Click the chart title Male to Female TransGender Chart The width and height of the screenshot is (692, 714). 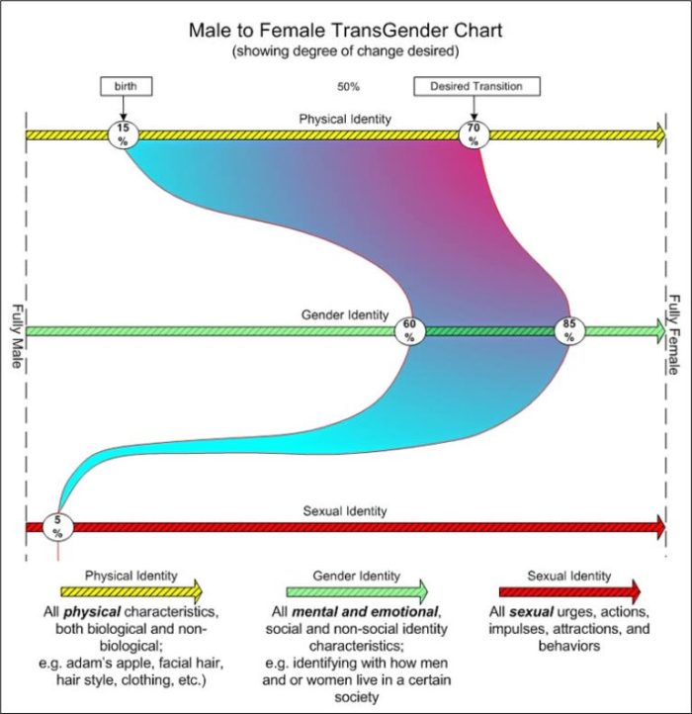(x=345, y=31)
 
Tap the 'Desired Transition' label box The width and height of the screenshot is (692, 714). (x=476, y=86)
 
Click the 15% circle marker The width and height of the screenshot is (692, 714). (x=123, y=134)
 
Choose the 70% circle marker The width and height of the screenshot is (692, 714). (x=474, y=134)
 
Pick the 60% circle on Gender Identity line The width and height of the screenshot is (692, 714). (x=409, y=330)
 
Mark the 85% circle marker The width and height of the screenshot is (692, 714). (x=568, y=330)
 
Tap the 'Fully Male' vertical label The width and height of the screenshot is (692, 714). (x=15, y=335)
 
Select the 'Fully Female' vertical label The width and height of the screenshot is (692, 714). (x=675, y=335)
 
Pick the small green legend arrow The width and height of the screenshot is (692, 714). (x=357, y=591)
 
